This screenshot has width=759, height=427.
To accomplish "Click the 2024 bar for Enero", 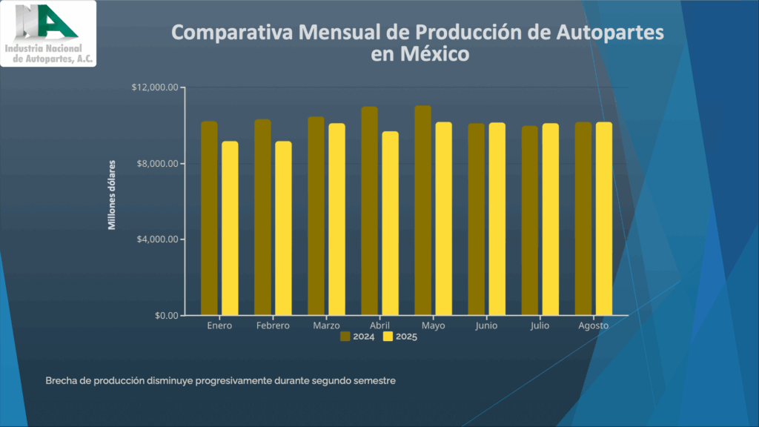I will pyautogui.click(x=209, y=219).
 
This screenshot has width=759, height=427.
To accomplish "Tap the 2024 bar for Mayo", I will pyautogui.click(x=422, y=211).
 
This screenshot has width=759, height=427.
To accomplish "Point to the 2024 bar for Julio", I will pyautogui.click(x=529, y=221).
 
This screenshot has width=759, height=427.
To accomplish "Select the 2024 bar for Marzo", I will pyautogui.click(x=316, y=216).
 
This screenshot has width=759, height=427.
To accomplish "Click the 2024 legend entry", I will pyautogui.click(x=357, y=337).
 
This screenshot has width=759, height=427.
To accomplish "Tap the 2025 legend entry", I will pyautogui.click(x=400, y=337).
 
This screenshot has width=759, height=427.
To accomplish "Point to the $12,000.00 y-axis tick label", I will pyautogui.click(x=155, y=87).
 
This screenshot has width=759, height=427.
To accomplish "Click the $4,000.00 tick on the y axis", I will pyautogui.click(x=157, y=239).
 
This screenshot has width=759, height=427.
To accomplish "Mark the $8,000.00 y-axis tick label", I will pyautogui.click(x=157, y=164).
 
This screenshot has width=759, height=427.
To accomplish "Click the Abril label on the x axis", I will pyautogui.click(x=379, y=326).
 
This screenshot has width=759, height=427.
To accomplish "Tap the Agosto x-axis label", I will pyautogui.click(x=593, y=326).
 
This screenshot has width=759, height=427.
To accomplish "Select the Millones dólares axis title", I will pyautogui.click(x=113, y=194).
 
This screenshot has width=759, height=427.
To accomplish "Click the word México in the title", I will pyautogui.click(x=434, y=54).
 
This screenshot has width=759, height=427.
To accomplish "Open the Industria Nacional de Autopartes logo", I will pyautogui.click(x=48, y=33).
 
